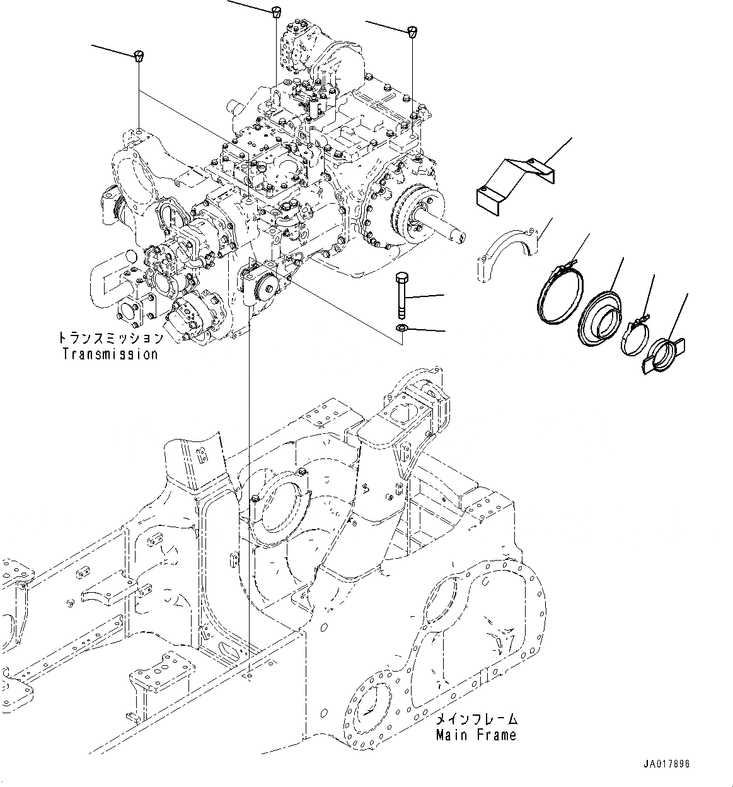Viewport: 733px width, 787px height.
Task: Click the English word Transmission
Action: point(110,354)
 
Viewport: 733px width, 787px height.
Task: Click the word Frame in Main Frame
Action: point(497,735)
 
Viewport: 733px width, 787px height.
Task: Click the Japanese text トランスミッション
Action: point(110,337)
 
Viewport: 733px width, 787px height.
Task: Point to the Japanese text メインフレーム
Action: point(476,719)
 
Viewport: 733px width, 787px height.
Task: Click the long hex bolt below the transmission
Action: point(401,295)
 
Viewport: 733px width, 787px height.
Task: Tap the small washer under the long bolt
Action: point(401,327)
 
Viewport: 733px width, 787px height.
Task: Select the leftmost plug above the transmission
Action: point(138,56)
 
